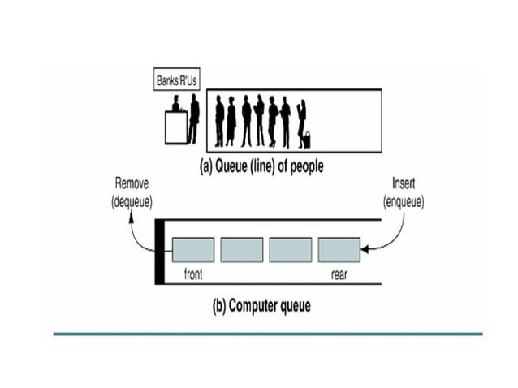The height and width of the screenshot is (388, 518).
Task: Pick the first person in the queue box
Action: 219,121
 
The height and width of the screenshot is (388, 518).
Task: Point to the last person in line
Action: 301,121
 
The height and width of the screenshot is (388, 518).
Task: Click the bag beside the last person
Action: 308,139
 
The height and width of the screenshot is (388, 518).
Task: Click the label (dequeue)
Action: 132,200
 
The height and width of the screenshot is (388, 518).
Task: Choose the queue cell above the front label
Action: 193,249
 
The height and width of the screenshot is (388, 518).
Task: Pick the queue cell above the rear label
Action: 339,249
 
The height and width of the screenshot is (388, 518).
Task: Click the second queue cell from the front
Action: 241,249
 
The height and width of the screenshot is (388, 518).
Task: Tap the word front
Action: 193,274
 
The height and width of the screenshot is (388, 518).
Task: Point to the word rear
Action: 339,274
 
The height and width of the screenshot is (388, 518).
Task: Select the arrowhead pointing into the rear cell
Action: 365,249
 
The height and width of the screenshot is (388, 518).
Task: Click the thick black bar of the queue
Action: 159,251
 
